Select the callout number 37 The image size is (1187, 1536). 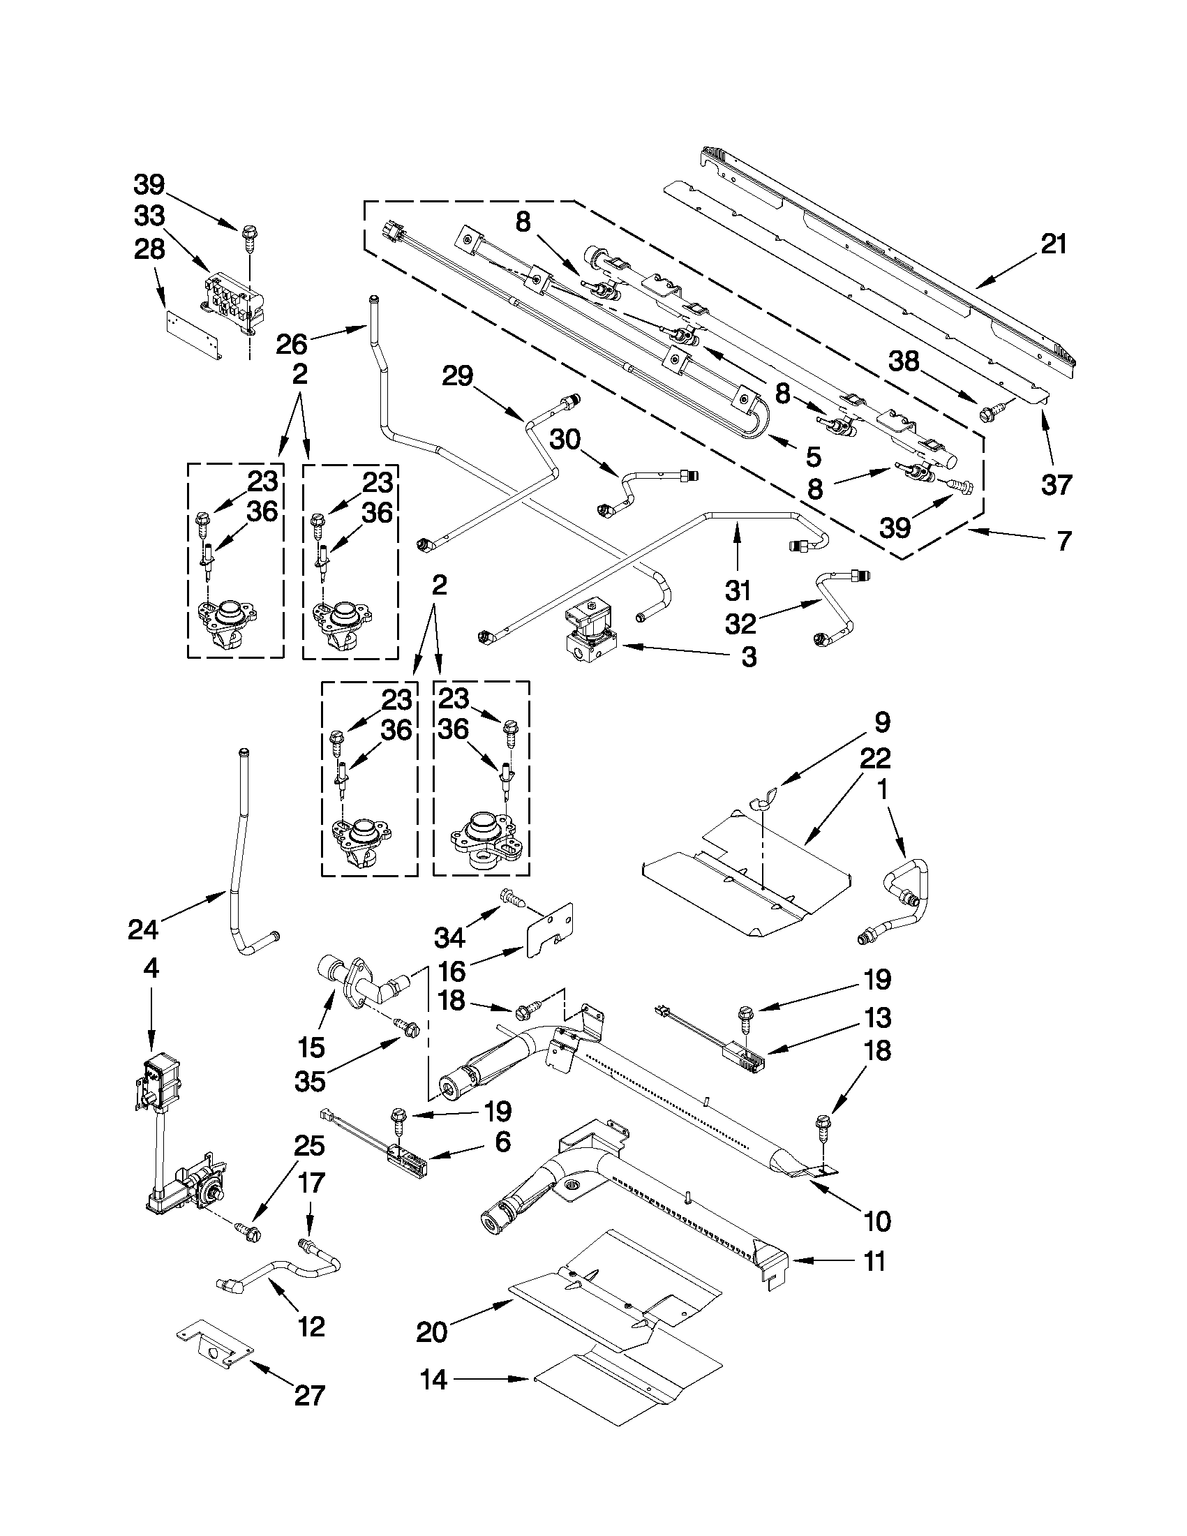[x=1057, y=484]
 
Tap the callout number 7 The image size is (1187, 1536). [x=1065, y=541]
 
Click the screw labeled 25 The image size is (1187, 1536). [x=251, y=1231]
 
